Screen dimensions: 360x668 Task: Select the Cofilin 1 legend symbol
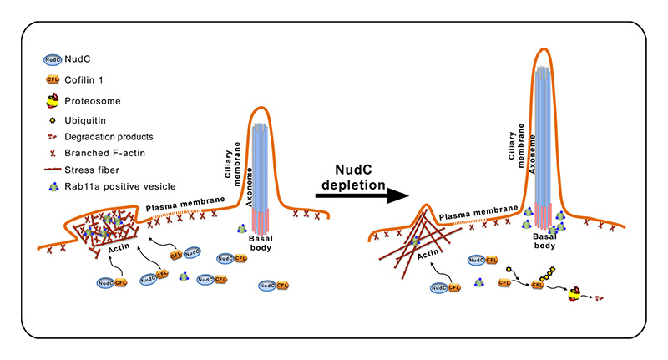[x=51, y=81]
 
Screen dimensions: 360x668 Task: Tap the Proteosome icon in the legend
[x=51, y=102]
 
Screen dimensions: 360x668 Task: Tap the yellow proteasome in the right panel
[x=576, y=292]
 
